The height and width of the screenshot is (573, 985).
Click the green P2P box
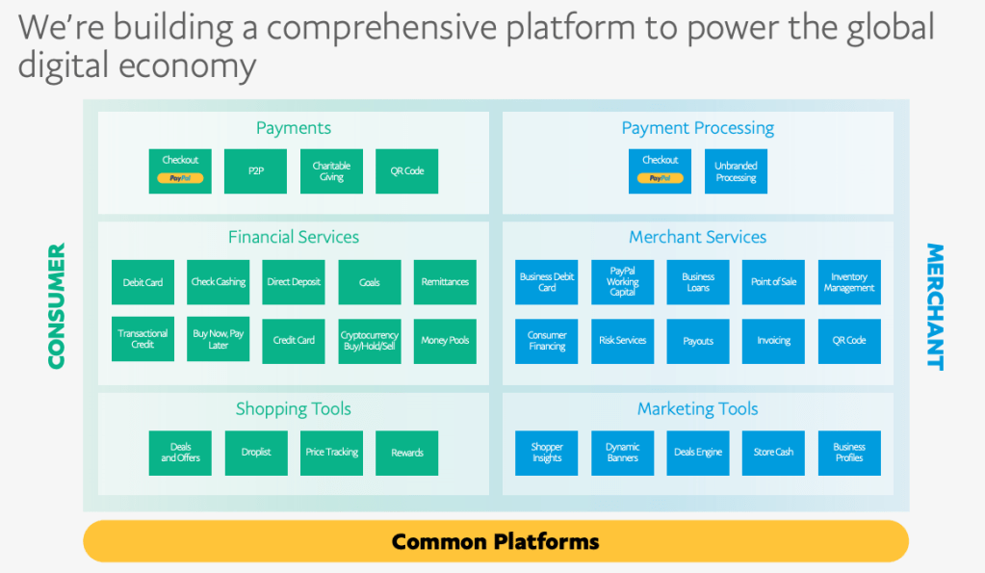pyautogui.click(x=255, y=170)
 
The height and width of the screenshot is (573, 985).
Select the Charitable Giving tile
pyautogui.click(x=331, y=170)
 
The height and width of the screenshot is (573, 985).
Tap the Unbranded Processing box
pyautogui.click(x=736, y=170)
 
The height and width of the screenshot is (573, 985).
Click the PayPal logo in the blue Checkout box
pyautogui.click(x=660, y=178)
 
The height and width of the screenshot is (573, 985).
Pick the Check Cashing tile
pyautogui.click(x=218, y=282)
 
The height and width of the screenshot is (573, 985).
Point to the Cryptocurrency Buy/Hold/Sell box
pyautogui.click(x=370, y=341)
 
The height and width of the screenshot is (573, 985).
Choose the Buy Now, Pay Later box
pyautogui.click(x=218, y=339)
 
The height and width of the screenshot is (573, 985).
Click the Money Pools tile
pyautogui.click(x=445, y=341)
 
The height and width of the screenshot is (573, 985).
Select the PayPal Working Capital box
pyautogui.click(x=623, y=282)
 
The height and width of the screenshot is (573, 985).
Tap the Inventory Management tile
pyautogui.click(x=849, y=282)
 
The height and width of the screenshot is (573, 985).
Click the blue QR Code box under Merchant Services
pyautogui.click(x=849, y=341)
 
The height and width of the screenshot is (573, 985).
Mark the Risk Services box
pyautogui.click(x=623, y=341)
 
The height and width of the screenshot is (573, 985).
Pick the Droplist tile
pyautogui.click(x=255, y=453)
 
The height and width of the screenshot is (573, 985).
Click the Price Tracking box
pyautogui.click(x=331, y=453)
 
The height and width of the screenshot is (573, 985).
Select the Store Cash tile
pyautogui.click(x=773, y=453)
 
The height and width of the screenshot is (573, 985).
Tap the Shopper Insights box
pyautogui.click(x=547, y=453)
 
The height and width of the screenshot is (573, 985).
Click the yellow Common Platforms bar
pyautogui.click(x=495, y=541)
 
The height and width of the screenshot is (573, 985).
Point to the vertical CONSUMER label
pyautogui.click(x=57, y=306)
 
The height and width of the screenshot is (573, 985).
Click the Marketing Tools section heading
pyautogui.click(x=697, y=409)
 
